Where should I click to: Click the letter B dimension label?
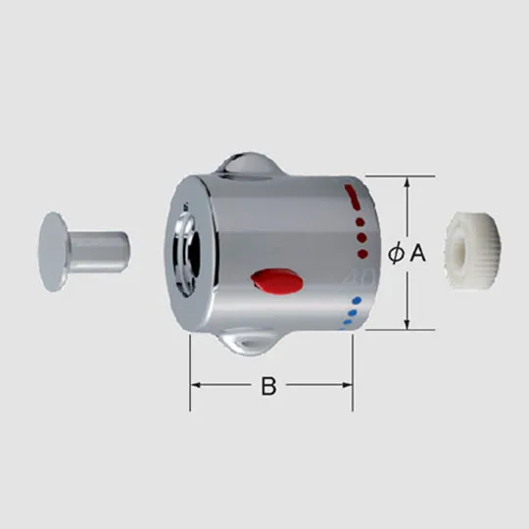(x=268, y=386)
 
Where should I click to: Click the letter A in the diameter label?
(x=417, y=253)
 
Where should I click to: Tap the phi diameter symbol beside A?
(x=396, y=254)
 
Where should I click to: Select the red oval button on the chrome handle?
(x=276, y=282)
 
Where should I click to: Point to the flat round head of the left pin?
(x=52, y=252)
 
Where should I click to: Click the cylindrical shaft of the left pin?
(x=99, y=252)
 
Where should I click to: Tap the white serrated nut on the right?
(x=473, y=250)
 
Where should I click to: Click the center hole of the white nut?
(x=461, y=251)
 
